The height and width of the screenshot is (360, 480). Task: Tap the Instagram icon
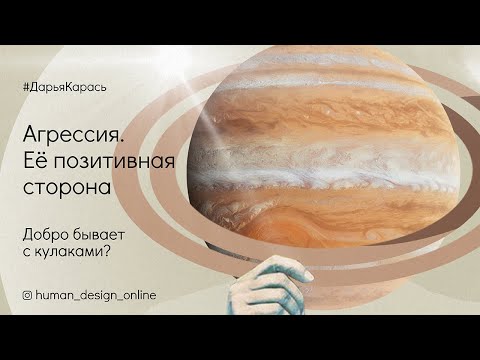27,295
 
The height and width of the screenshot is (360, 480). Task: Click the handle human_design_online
96,295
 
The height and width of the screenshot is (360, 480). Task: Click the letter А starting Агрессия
29,137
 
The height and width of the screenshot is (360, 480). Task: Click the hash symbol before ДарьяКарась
25,87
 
